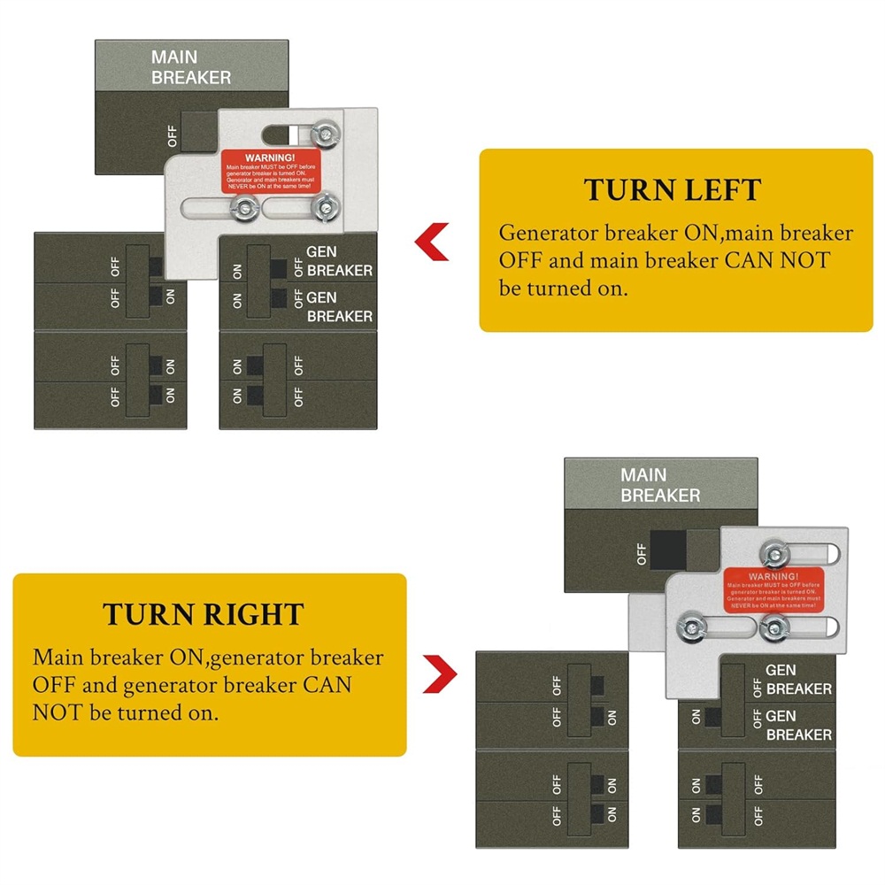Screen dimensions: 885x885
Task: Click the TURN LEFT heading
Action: pyautogui.click(x=672, y=190)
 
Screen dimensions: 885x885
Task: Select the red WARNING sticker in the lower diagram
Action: pyautogui.click(x=773, y=589)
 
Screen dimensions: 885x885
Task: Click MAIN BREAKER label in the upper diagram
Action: pyautogui.click(x=190, y=67)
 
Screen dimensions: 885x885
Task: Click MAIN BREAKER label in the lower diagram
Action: pyautogui.click(x=660, y=485)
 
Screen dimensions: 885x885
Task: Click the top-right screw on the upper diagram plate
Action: pyautogui.click(x=327, y=135)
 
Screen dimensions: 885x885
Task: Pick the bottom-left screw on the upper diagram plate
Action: pyautogui.click(x=240, y=209)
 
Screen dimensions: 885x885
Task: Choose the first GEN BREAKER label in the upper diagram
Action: pyautogui.click(x=339, y=261)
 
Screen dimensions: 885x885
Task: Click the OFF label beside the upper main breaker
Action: pyautogui.click(x=173, y=135)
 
